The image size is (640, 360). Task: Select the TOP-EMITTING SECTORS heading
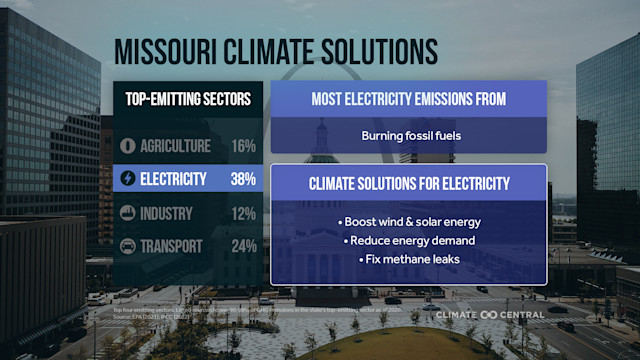188,99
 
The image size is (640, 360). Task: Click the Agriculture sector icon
127,146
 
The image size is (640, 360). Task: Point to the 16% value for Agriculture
243,146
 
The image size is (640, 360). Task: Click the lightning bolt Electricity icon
127,180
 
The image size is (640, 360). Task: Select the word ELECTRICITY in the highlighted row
174,180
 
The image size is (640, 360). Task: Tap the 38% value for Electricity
243,180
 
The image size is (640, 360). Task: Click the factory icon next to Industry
127,213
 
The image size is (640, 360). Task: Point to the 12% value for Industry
243,213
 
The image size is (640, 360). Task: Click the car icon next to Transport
127,246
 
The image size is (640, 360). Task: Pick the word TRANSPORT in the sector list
171,246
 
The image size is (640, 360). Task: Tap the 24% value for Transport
243,246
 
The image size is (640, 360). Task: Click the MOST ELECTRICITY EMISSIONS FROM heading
408,99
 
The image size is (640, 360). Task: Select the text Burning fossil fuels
408,135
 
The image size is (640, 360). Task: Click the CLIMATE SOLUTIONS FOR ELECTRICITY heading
408,184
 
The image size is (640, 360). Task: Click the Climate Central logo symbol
489,314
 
